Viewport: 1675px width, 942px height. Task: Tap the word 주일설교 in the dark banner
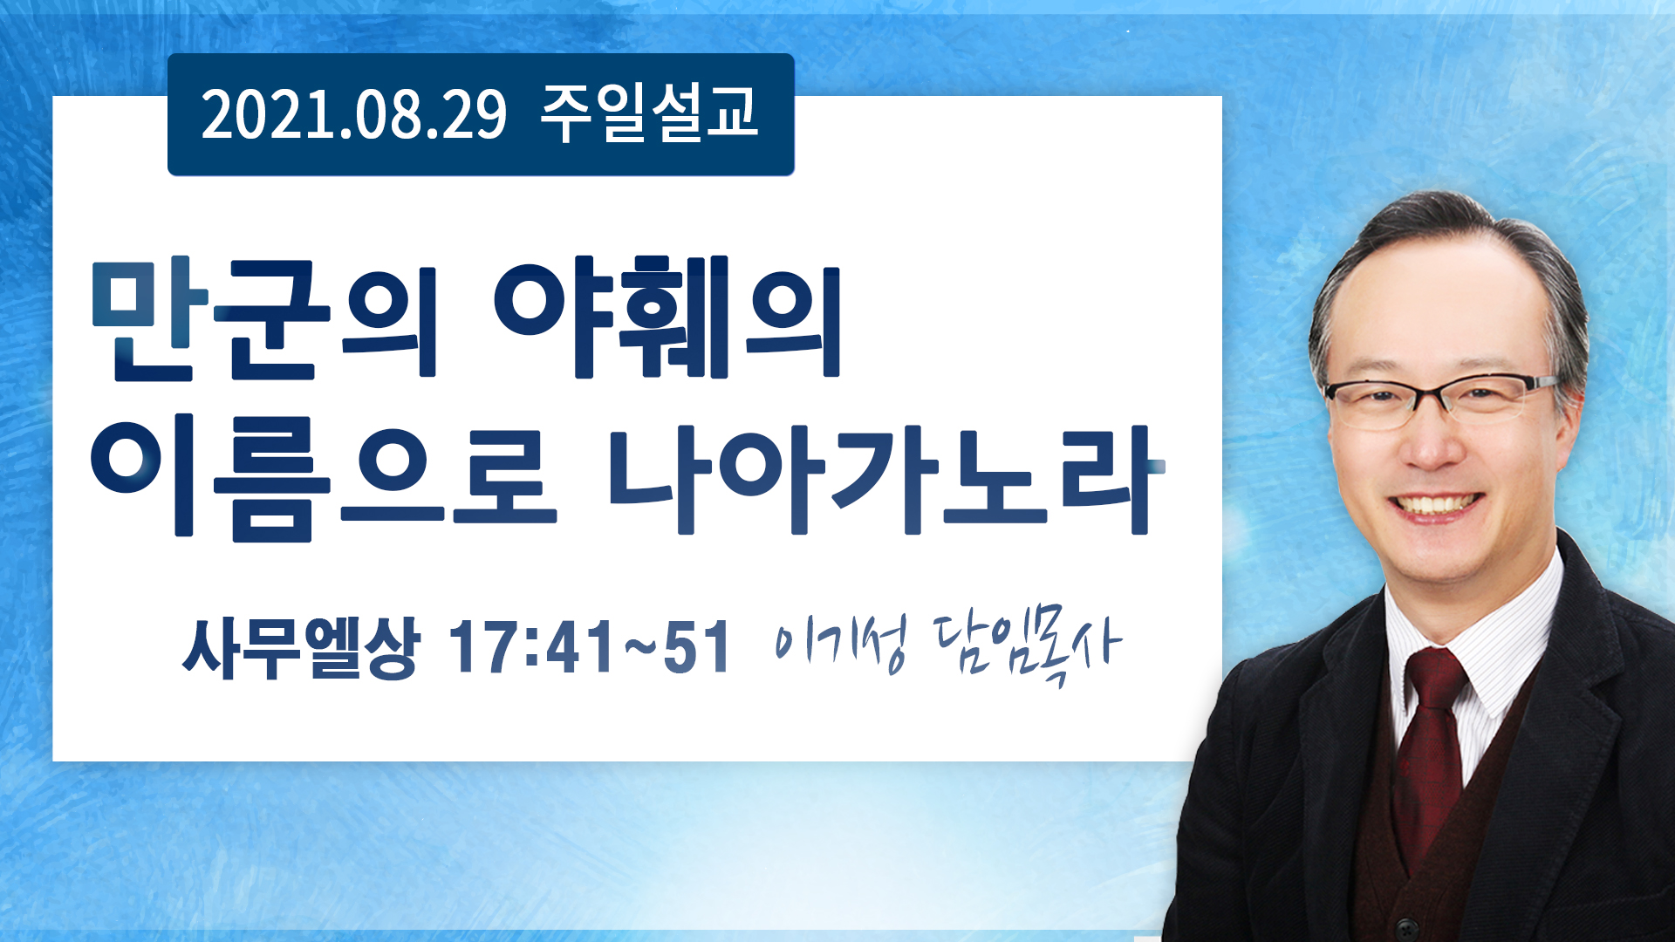point(650,113)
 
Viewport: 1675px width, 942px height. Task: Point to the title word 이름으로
point(324,480)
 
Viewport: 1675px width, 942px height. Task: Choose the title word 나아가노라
point(886,479)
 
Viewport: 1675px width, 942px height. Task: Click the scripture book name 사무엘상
point(301,648)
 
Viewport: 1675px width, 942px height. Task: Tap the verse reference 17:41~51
point(589,648)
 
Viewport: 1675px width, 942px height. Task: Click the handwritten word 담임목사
point(1027,646)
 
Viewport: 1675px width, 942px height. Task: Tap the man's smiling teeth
point(1435,504)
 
